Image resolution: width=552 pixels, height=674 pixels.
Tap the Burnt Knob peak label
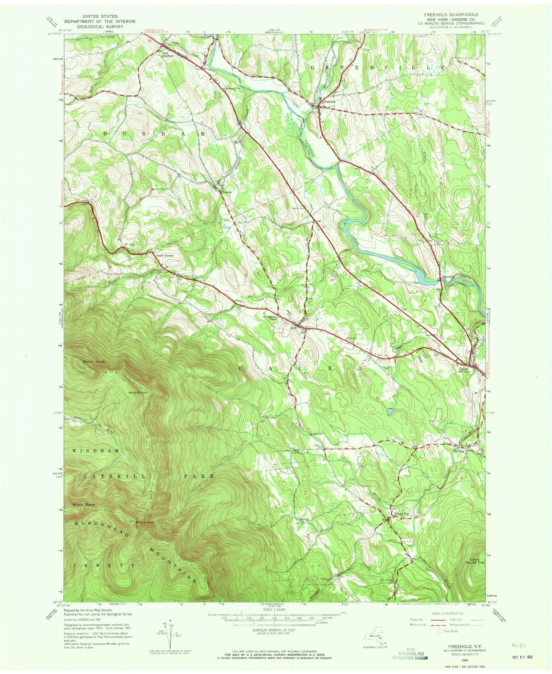point(94,361)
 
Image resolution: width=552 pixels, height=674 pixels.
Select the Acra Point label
point(138,392)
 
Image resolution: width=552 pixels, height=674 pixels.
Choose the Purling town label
point(459,451)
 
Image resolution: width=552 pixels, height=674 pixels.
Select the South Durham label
point(165,255)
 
